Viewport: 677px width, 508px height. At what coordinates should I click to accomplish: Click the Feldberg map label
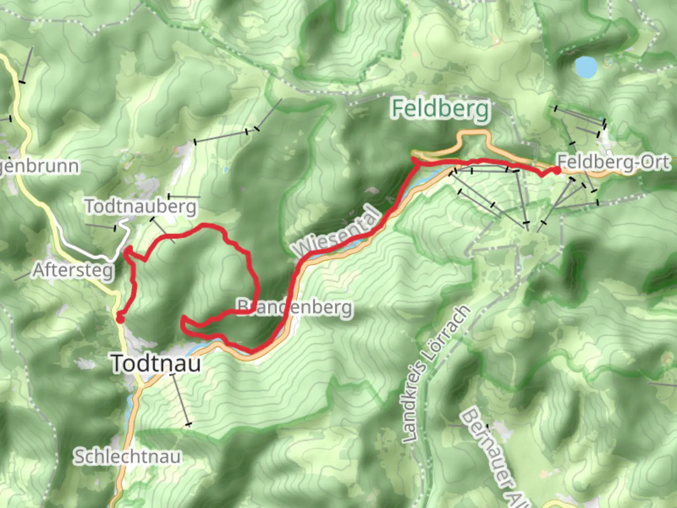click(x=441, y=109)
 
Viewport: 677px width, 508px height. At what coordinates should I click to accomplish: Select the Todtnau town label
click(x=156, y=364)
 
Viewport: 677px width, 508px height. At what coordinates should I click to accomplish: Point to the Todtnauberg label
click(x=140, y=206)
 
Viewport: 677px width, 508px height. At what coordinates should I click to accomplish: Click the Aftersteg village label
click(x=73, y=270)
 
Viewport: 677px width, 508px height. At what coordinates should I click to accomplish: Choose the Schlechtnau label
click(x=127, y=457)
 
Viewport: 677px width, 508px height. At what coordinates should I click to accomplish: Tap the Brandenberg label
click(x=295, y=307)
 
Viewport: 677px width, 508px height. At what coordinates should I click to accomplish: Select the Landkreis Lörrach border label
click(x=436, y=374)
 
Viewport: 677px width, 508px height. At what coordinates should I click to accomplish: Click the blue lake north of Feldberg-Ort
click(x=586, y=67)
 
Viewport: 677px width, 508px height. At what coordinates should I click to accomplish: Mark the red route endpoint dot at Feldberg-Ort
click(x=557, y=170)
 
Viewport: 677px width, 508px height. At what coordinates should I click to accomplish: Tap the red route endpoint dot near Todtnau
click(x=120, y=319)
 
